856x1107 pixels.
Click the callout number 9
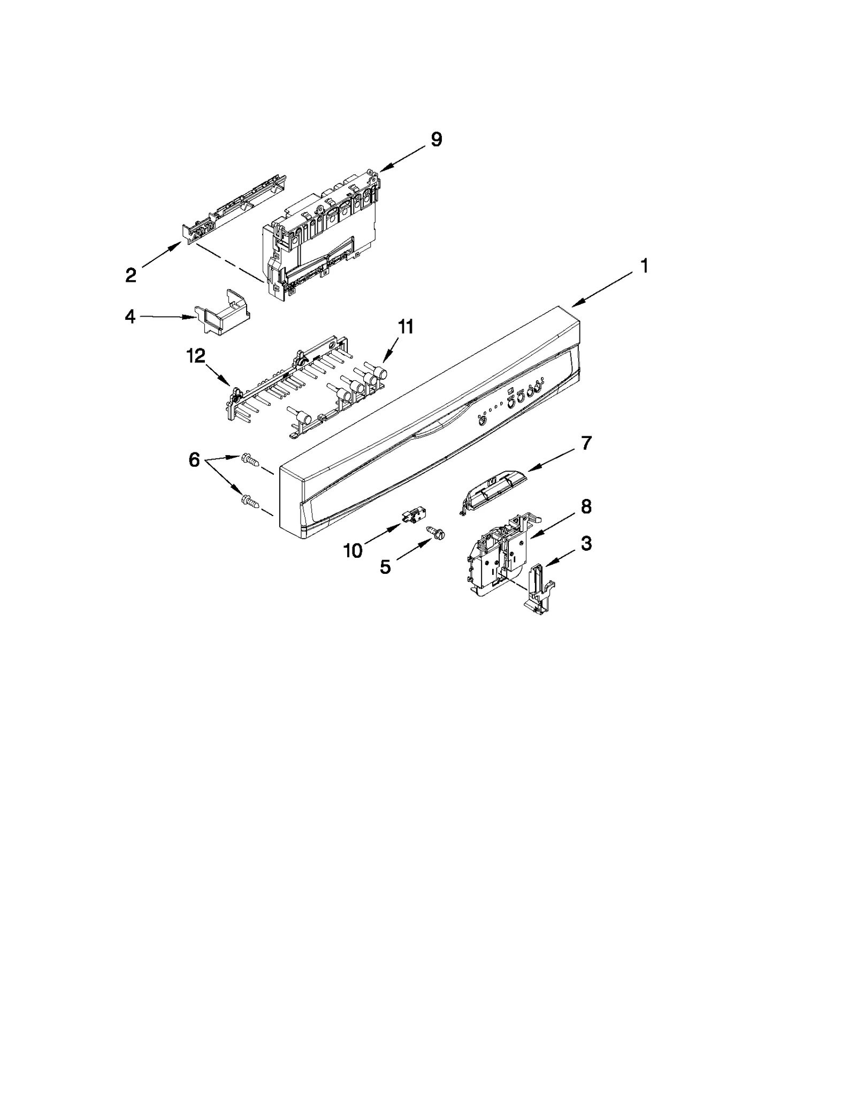pyautogui.click(x=437, y=140)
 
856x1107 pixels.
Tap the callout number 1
pyautogui.click(x=645, y=266)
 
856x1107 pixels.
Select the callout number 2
pyautogui.click(x=131, y=275)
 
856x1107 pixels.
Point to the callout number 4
pyautogui.click(x=130, y=317)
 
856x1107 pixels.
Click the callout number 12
pyautogui.click(x=196, y=356)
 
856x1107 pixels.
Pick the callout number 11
pyautogui.click(x=406, y=326)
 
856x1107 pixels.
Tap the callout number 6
pyautogui.click(x=194, y=459)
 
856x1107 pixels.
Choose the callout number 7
pyautogui.click(x=586, y=443)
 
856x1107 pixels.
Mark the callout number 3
pyautogui.click(x=586, y=543)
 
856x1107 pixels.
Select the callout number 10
pyautogui.click(x=353, y=550)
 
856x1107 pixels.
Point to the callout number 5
pyautogui.click(x=385, y=567)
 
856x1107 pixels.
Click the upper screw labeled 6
pyautogui.click(x=249, y=458)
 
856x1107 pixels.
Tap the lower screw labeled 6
pyautogui.click(x=250, y=501)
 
